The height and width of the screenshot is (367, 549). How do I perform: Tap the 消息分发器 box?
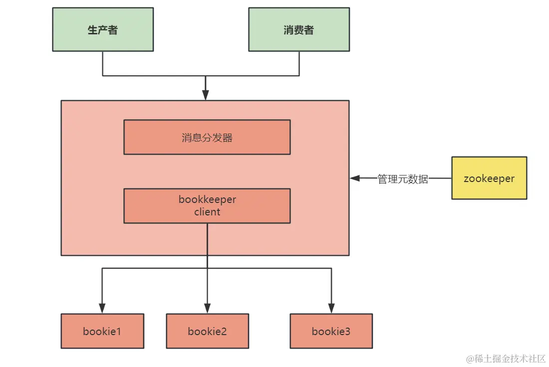[x=207, y=137]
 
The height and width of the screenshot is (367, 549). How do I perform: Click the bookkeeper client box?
[x=207, y=205]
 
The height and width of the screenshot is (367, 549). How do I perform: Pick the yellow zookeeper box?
[x=489, y=178]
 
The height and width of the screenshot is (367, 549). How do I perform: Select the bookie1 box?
[x=102, y=331]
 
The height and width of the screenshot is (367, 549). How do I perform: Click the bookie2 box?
[x=207, y=331]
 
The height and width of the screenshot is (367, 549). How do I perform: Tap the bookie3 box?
[x=331, y=331]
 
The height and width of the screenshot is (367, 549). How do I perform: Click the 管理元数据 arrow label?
[x=403, y=179]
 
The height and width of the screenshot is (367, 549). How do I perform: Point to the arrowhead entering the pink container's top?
[x=205, y=96]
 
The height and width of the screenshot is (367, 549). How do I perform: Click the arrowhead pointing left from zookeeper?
[x=355, y=178]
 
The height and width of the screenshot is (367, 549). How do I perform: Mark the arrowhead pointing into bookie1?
[x=102, y=309]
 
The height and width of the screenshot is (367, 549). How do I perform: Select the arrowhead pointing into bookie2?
[x=207, y=309]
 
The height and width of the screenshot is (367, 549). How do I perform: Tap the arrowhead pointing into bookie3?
[x=331, y=309]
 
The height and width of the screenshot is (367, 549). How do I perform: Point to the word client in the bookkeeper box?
[x=207, y=212]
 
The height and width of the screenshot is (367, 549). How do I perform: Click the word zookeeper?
[x=489, y=179]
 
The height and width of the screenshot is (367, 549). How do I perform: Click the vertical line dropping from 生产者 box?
[x=103, y=63]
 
